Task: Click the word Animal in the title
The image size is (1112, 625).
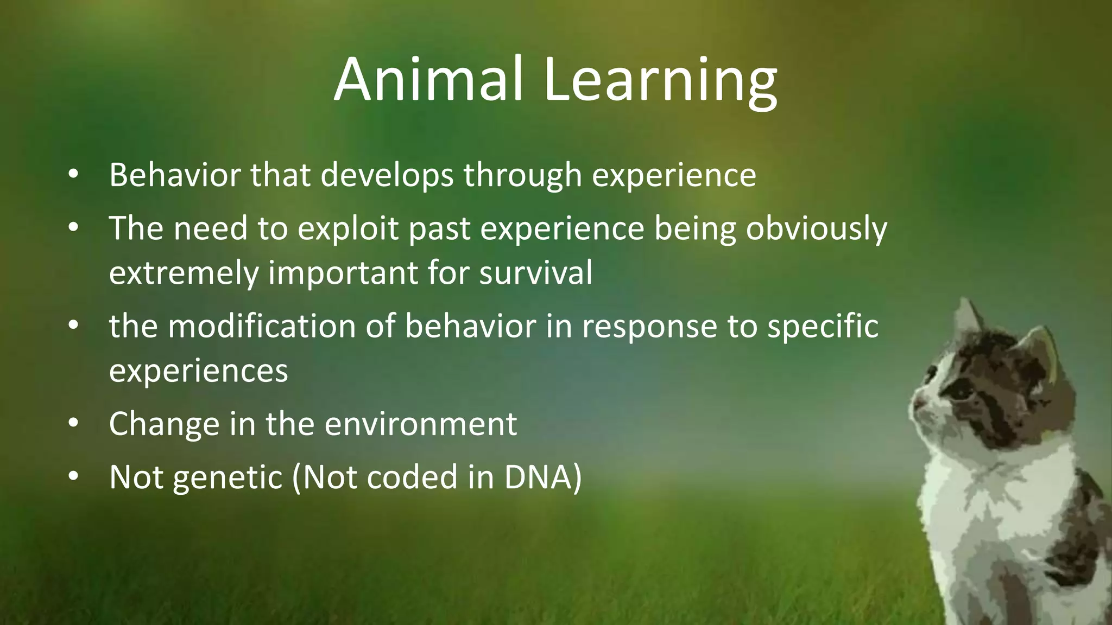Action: (428, 79)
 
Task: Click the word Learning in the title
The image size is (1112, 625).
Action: (660, 81)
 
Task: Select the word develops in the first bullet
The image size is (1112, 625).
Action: (387, 176)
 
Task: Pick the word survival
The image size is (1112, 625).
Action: (535, 272)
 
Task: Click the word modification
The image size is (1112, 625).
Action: (262, 326)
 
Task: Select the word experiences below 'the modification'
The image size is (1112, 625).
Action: (198, 371)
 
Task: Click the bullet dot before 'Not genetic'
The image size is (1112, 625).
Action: (74, 476)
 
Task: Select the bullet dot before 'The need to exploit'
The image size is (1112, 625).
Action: (74, 227)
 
